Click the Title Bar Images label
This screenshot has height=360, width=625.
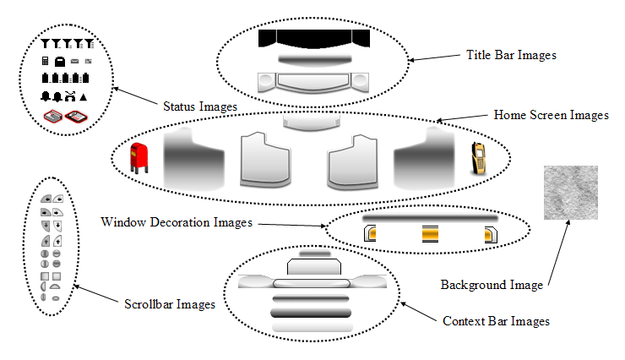(511, 55)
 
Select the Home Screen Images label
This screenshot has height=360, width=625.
(551, 116)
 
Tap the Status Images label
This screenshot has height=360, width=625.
(199, 106)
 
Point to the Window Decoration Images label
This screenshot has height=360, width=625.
(177, 223)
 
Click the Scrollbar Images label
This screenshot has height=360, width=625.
(168, 303)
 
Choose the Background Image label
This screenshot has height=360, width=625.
(492, 285)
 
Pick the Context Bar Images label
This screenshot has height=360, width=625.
(497, 321)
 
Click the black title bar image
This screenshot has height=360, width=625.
(314, 40)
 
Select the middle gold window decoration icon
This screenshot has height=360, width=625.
(431, 234)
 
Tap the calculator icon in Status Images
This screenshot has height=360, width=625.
(46, 61)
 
